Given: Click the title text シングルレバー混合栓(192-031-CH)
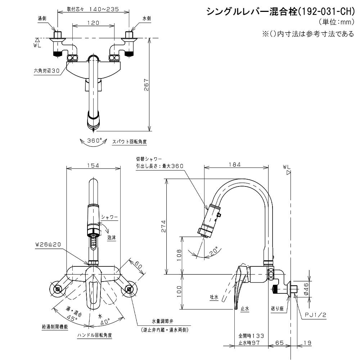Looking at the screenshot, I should pyautogui.click(x=280, y=12).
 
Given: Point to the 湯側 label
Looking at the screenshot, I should pyautogui.click(x=42, y=18).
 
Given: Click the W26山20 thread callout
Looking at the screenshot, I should pyautogui.click(x=48, y=244).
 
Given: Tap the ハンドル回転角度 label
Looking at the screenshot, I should pyautogui.click(x=94, y=335).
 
